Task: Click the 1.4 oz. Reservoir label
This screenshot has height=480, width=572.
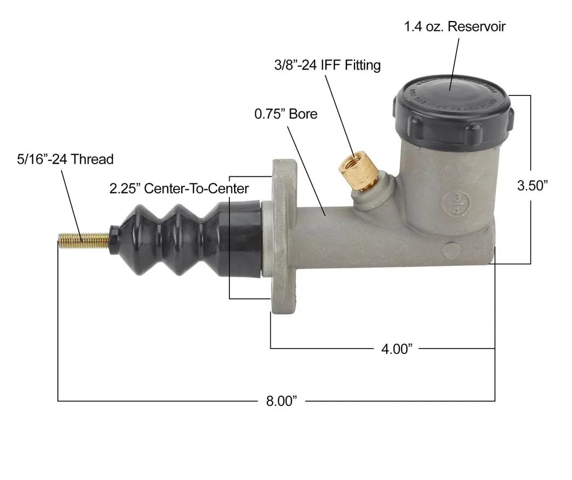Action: (x=455, y=26)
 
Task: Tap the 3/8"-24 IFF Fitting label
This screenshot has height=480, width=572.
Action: (x=327, y=65)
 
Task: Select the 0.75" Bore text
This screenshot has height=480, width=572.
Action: (x=285, y=114)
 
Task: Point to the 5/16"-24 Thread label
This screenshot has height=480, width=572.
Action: (x=65, y=159)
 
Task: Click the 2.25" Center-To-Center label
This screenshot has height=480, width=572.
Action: (x=179, y=188)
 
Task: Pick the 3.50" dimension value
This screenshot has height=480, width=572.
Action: (x=532, y=186)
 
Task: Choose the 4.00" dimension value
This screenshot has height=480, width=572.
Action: (x=397, y=349)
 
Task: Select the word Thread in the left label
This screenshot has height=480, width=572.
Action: (x=93, y=159)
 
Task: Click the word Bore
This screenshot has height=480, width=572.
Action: (x=303, y=114)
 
